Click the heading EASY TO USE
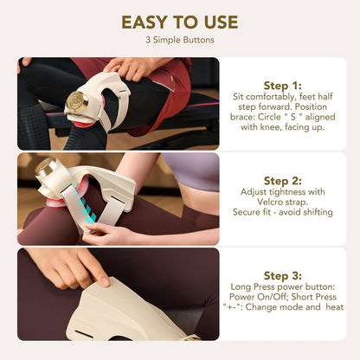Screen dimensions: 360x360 [180, 22]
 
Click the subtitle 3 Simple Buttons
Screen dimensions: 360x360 [180, 40]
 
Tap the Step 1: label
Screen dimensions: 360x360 [282, 85]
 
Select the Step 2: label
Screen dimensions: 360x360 [282, 180]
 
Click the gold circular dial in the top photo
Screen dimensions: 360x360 [76, 101]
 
